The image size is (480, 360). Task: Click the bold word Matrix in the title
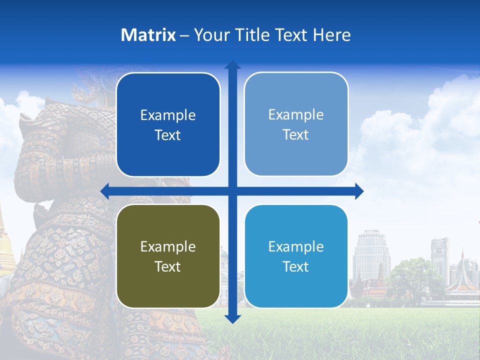pyautogui.click(x=148, y=35)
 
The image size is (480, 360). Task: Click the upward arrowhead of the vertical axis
pyautogui.click(x=232, y=65)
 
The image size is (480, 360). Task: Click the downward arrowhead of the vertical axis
pyautogui.click(x=232, y=319)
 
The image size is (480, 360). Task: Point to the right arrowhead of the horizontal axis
pyautogui.click(x=359, y=191)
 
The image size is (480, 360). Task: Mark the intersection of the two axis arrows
pyautogui.click(x=232, y=191)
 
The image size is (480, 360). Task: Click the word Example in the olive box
pyautogui.click(x=168, y=246)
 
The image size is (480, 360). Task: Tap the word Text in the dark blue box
pyautogui.click(x=168, y=135)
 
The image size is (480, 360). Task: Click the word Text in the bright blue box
pyautogui.click(x=296, y=267)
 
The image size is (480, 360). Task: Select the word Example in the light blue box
pyautogui.click(x=296, y=115)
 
